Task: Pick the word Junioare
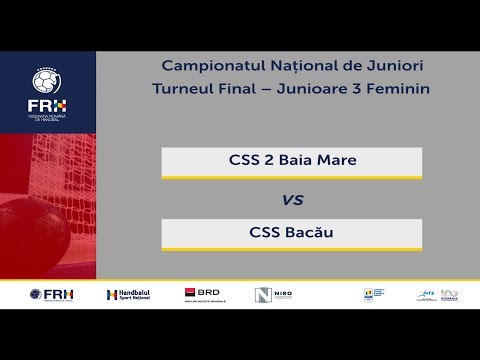coord(322,89)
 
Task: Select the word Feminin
coord(404,89)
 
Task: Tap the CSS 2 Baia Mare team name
coord(291,160)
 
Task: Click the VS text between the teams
coord(292,199)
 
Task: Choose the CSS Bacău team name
coord(291,233)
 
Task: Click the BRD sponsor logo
coord(204,294)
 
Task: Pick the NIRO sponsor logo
coord(273,295)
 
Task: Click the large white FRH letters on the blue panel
coord(47,103)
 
